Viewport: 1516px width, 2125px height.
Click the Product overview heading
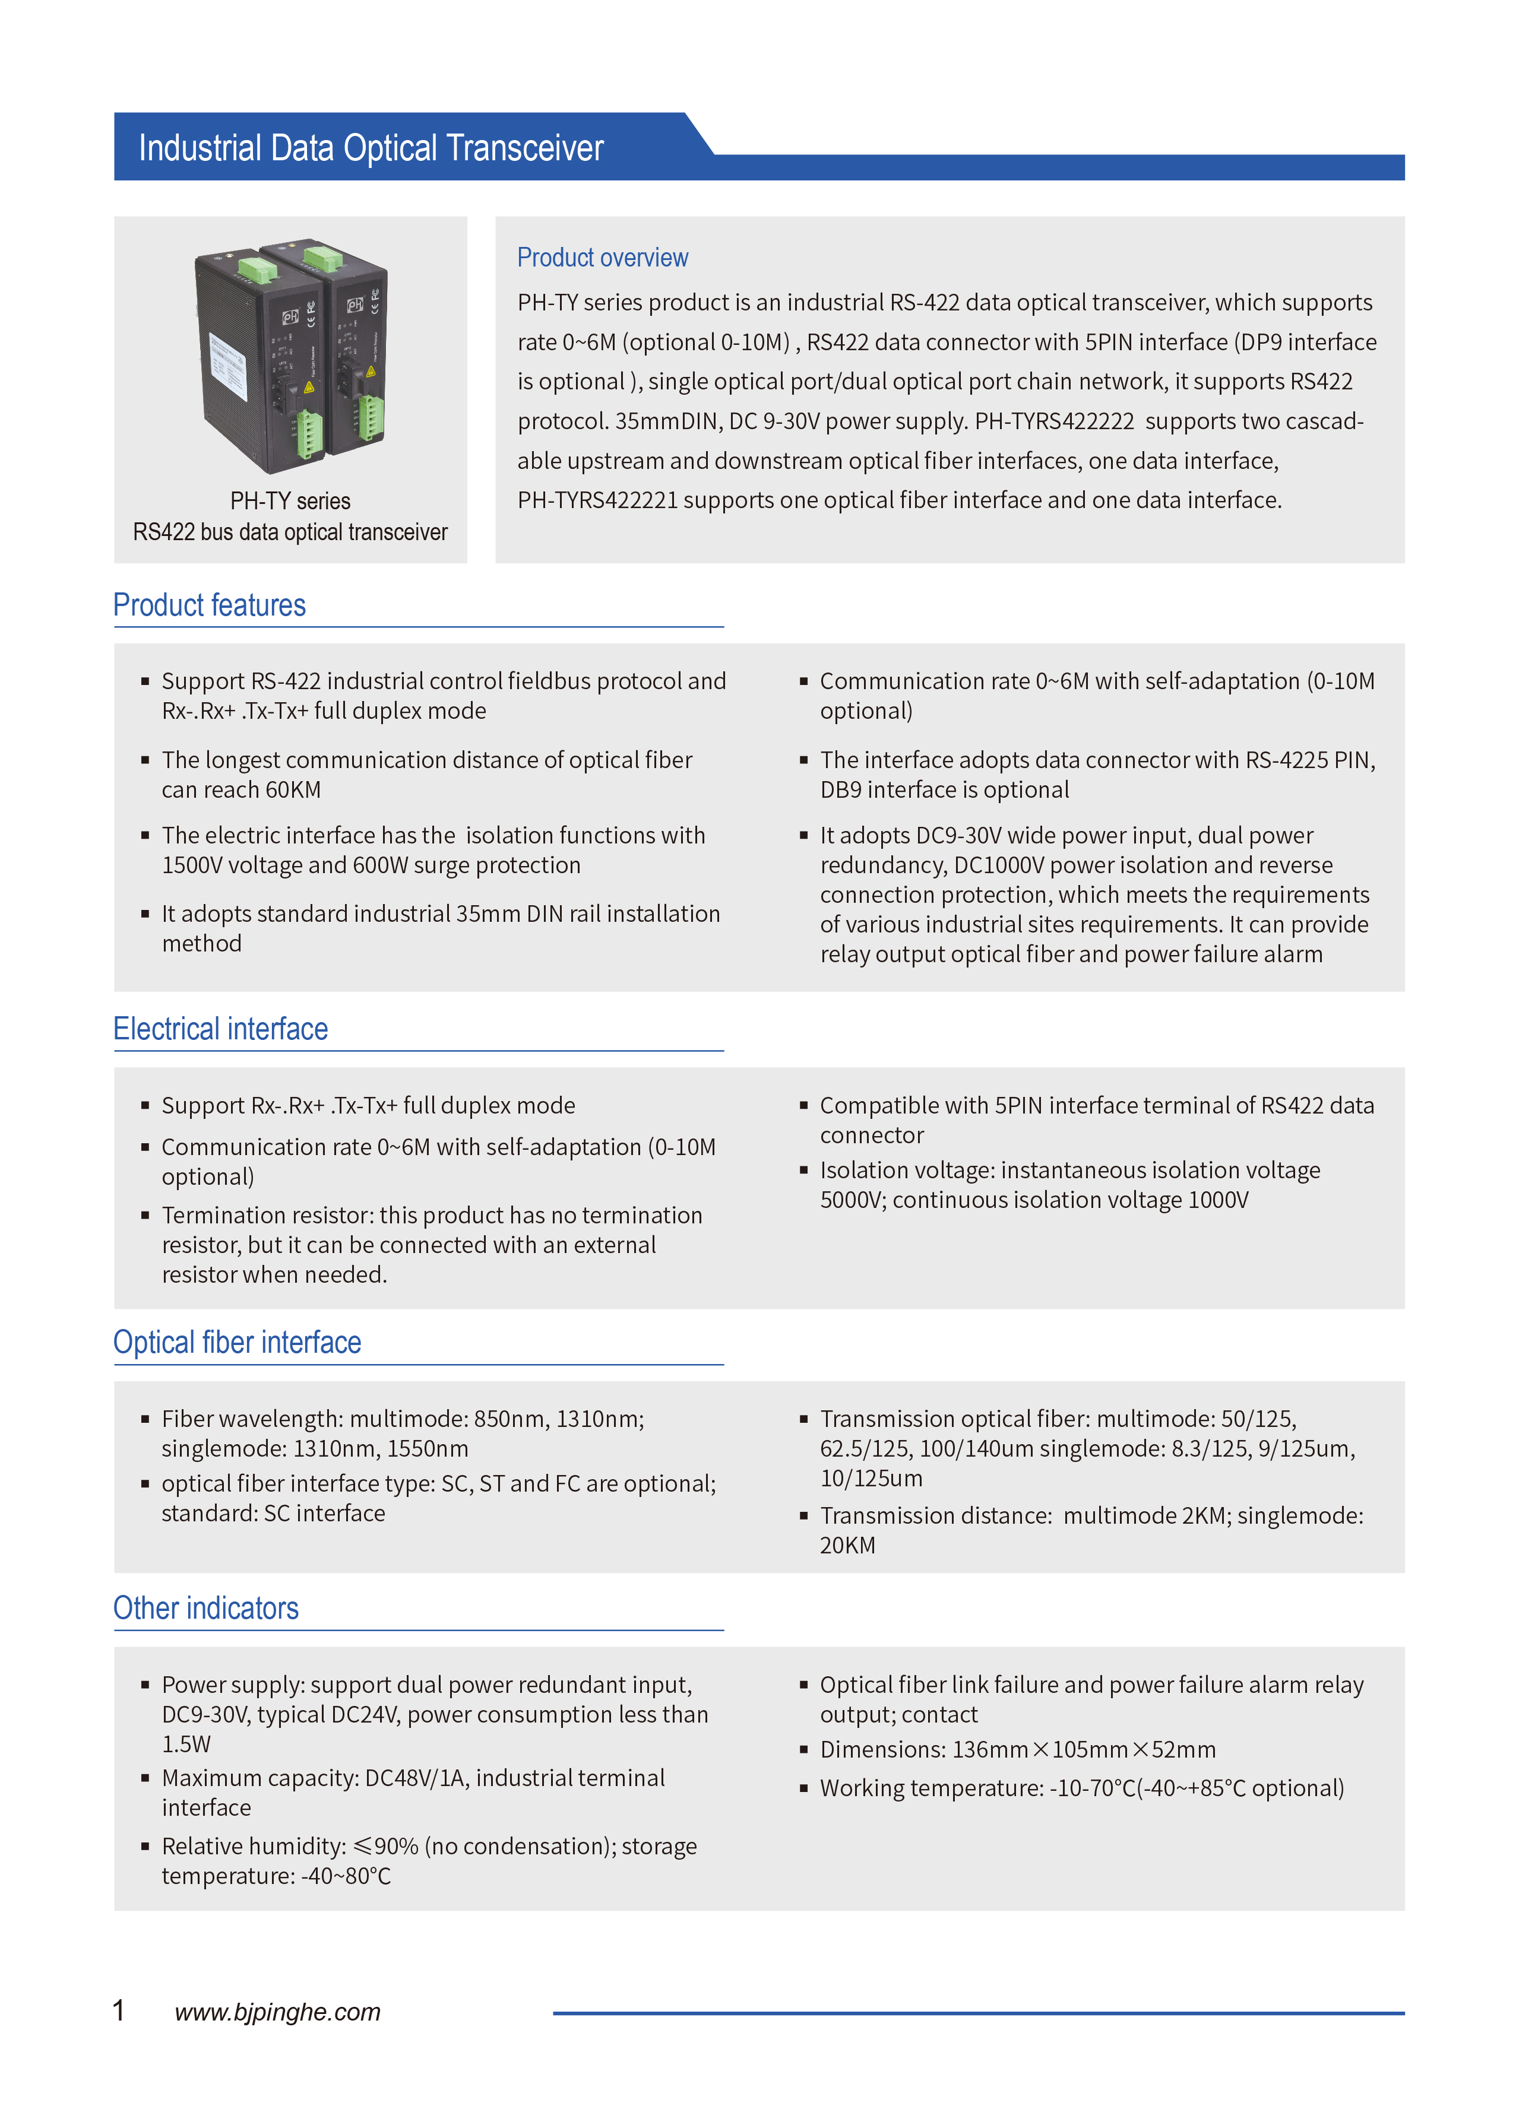tap(602, 258)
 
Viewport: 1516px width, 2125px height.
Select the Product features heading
tap(209, 605)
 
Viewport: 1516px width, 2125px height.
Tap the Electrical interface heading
tap(220, 1029)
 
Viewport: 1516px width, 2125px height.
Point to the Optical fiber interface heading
tap(237, 1342)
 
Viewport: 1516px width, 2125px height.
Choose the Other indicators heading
tap(205, 1608)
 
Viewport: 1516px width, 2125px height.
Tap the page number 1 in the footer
tap(119, 2010)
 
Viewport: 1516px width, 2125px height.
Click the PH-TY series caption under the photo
tap(290, 501)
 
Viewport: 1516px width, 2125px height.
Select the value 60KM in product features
tap(293, 791)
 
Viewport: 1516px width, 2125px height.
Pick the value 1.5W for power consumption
tap(186, 1745)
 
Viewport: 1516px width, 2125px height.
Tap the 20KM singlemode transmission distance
tap(847, 1546)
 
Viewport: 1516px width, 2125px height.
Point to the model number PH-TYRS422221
tap(597, 501)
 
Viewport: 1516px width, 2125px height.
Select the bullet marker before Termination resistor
tap(145, 1215)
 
